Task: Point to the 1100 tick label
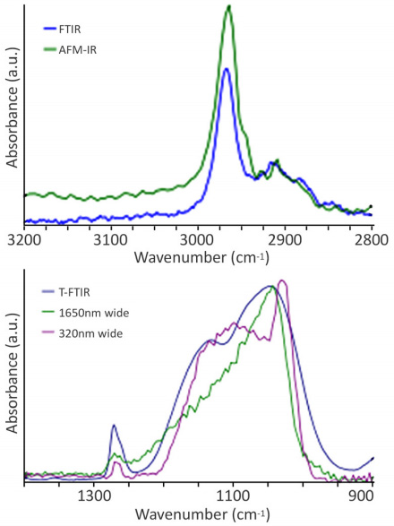pos(234,496)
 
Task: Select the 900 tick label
pos(361,496)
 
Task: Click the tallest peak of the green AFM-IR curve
pos(229,8)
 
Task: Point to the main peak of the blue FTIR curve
pos(227,69)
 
